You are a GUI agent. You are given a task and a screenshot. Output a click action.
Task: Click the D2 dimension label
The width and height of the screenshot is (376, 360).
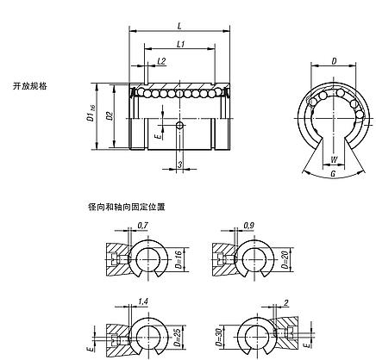pos(110,115)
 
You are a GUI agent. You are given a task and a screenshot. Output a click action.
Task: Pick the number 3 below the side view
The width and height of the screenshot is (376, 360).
pos(179,162)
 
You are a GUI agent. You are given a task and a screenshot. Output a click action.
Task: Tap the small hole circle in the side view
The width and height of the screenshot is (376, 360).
pos(179,127)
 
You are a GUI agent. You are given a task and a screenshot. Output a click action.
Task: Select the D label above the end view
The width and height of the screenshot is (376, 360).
pos(333,62)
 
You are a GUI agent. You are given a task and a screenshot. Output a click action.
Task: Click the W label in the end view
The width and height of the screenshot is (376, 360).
pos(333,158)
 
